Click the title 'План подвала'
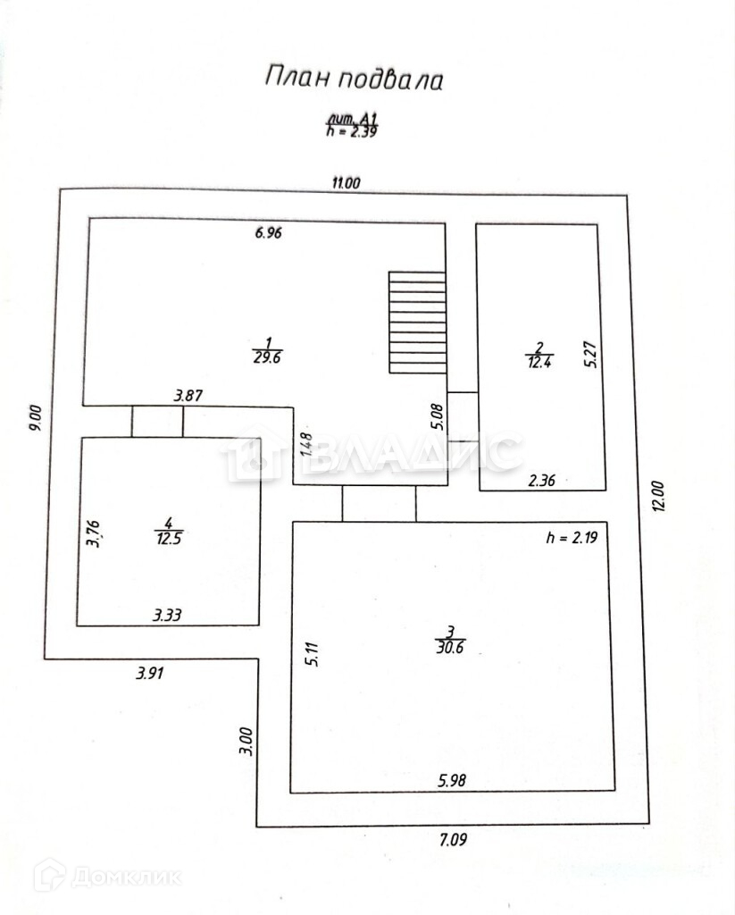pyautogui.click(x=354, y=79)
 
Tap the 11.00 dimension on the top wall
pyautogui.click(x=346, y=183)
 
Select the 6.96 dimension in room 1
pyautogui.click(x=269, y=233)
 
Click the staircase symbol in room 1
pyautogui.click(x=417, y=323)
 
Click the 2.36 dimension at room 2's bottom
pyautogui.click(x=542, y=480)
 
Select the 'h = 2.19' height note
pyautogui.click(x=570, y=538)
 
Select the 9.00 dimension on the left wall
pyautogui.click(x=36, y=420)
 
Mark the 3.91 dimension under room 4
pyautogui.click(x=151, y=674)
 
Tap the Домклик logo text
pyautogui.click(x=125, y=876)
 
